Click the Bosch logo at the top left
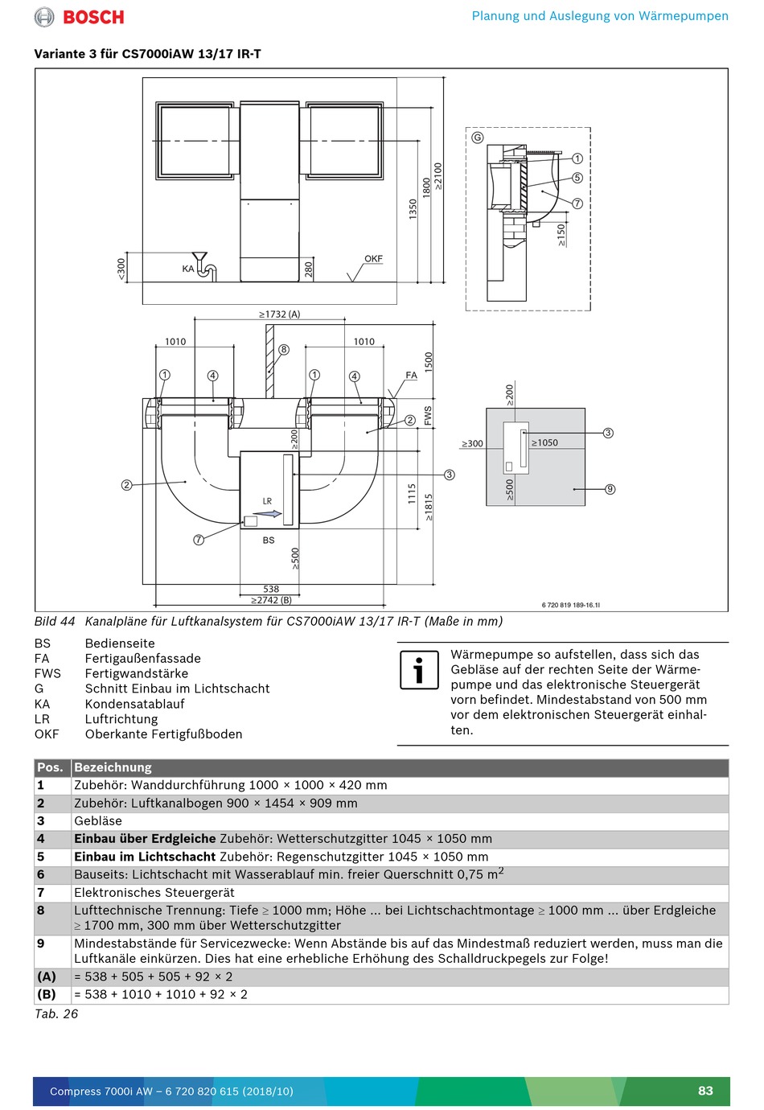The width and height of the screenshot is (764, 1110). click(80, 17)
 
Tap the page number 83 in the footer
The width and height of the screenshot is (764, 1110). click(705, 1091)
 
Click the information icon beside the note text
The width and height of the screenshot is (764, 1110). click(419, 670)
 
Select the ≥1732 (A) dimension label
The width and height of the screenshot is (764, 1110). click(279, 314)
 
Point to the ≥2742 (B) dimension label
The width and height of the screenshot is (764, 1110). click(271, 600)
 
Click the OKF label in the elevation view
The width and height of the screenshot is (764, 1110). click(373, 259)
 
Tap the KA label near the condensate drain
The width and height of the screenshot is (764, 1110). click(188, 269)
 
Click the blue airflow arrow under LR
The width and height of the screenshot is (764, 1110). click(273, 513)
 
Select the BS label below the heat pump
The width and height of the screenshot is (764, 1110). click(269, 541)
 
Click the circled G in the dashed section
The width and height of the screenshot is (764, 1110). click(478, 138)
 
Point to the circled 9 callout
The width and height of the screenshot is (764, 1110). click(610, 489)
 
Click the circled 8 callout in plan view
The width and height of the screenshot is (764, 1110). click(284, 350)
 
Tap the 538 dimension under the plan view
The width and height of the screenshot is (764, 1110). click(271, 590)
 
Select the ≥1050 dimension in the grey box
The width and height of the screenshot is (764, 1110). click(544, 443)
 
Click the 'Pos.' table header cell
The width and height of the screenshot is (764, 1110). click(50, 767)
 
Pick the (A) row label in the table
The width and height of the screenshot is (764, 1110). click(47, 976)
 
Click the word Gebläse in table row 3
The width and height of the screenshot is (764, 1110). click(98, 821)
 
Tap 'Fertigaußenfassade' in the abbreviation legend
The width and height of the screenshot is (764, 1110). click(143, 659)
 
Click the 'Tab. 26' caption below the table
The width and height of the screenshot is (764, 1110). click(56, 1014)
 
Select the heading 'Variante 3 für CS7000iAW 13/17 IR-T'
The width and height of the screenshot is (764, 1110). click(147, 54)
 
